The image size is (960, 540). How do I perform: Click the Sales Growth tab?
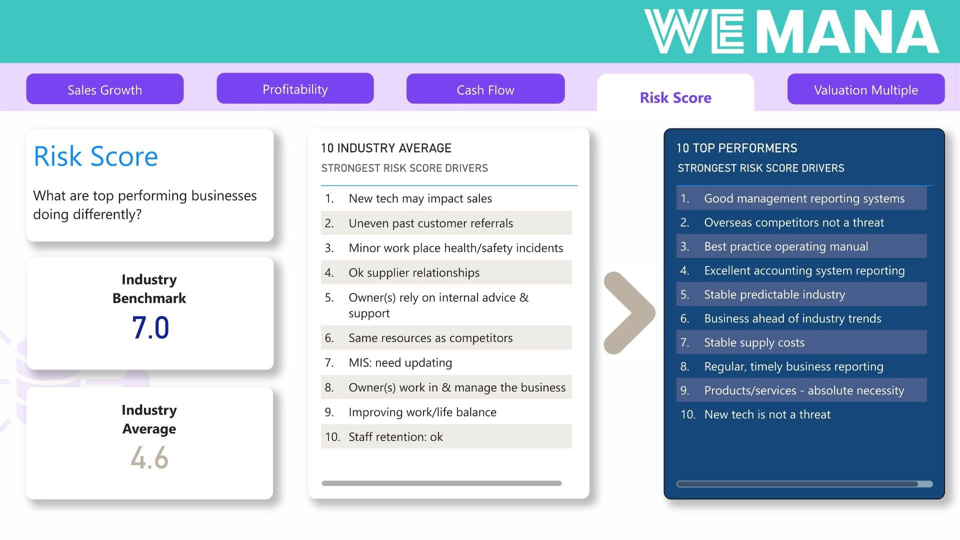[x=105, y=89]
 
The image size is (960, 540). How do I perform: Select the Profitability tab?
[x=295, y=89]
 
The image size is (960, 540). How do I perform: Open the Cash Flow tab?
[x=485, y=89]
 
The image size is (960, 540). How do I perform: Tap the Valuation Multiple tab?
[x=866, y=89]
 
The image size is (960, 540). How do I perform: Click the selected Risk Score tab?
[x=675, y=97]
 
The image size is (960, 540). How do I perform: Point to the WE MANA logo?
[x=792, y=31]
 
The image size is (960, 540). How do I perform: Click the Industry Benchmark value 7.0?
[x=150, y=328]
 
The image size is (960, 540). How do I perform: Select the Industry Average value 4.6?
[x=149, y=458]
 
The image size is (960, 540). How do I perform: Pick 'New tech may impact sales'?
[x=420, y=198]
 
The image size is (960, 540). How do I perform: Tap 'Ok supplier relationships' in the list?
[x=414, y=272]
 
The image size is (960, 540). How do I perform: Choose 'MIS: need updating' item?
[x=400, y=362]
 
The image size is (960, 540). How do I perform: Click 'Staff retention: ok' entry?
[x=395, y=437]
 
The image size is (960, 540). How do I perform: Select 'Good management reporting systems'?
[x=804, y=198]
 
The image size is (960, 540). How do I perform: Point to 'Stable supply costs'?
[x=754, y=342]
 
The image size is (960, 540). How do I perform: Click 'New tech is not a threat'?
[x=767, y=414]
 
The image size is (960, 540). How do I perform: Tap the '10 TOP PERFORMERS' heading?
[x=736, y=148]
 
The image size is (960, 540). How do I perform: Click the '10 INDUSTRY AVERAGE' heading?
[x=386, y=148]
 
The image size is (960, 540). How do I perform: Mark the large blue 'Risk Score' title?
[x=95, y=156]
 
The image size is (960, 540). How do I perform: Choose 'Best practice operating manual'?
[x=786, y=246]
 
